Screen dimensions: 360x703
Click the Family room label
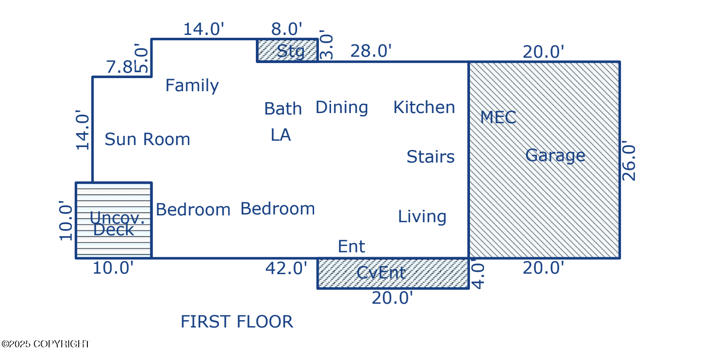192,86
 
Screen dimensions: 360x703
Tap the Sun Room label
147,140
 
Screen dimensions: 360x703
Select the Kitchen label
424,108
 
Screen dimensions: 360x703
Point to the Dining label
341,108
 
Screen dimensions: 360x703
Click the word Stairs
430,157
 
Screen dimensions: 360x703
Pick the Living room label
422,216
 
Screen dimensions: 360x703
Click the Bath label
283,109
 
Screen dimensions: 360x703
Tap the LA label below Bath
281,135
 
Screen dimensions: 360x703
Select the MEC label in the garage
498,117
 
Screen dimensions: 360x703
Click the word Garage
555,156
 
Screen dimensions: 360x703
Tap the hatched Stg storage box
287,50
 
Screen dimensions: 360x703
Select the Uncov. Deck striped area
114,221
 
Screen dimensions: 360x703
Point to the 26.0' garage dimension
629,162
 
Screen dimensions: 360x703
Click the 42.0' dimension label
286,268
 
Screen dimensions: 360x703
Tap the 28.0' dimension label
370,51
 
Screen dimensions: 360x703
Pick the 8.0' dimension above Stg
286,29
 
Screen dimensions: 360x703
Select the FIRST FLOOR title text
236,322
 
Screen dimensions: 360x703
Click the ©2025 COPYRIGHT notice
46,344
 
